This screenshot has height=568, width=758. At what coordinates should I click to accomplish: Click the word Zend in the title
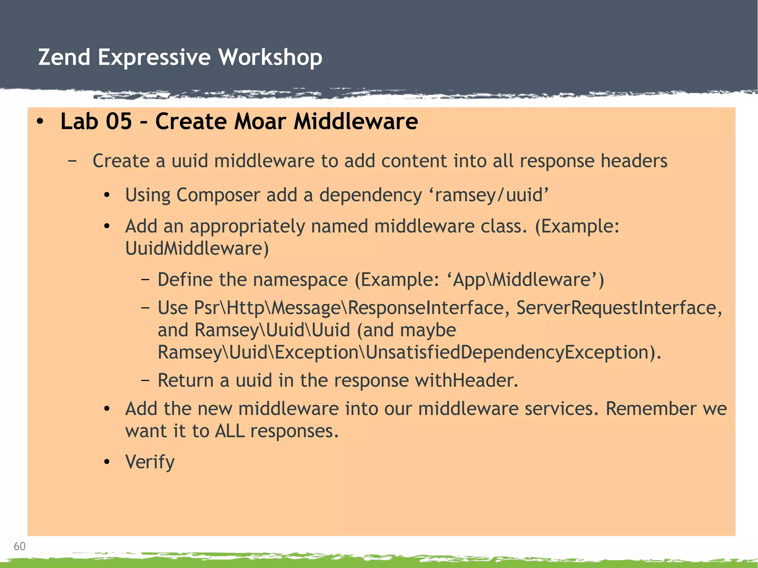tap(64, 57)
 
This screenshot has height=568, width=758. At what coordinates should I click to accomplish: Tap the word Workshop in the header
tap(270, 57)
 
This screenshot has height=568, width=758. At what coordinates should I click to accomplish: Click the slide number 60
tap(19, 546)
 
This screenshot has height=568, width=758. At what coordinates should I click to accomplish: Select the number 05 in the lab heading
tap(118, 121)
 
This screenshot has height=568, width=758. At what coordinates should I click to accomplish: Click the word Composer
tap(218, 195)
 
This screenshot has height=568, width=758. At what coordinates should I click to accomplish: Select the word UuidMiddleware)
tap(197, 248)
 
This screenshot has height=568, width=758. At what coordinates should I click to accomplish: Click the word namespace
tap(284, 280)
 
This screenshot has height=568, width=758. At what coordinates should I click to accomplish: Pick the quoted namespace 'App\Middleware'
tap(528, 280)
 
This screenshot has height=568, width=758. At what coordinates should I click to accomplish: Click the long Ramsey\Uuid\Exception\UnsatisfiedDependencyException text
tap(409, 352)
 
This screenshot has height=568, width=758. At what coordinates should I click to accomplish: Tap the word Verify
tap(150, 462)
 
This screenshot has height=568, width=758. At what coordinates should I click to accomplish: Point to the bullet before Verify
tap(107, 462)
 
